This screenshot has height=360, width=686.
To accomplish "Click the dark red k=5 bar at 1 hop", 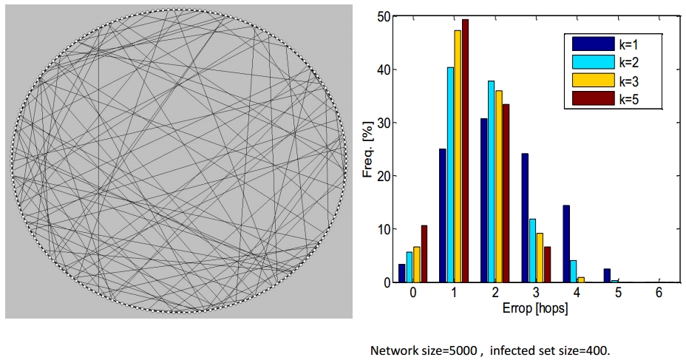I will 465,151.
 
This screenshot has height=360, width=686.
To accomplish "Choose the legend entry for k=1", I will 609,44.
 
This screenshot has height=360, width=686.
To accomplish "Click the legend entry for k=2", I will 609,62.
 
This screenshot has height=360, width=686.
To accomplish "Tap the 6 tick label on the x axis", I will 657,293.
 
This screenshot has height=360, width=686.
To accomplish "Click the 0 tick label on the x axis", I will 412,293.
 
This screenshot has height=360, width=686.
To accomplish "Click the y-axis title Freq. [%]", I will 367,149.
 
